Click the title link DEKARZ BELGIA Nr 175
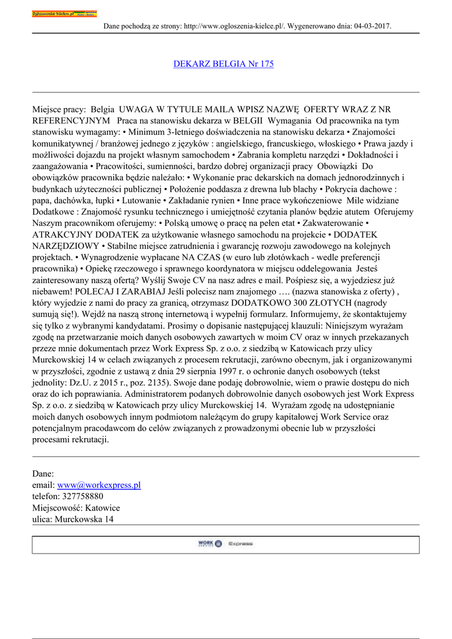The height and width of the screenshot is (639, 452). click(x=223, y=64)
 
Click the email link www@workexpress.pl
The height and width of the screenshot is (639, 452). click(x=99, y=485)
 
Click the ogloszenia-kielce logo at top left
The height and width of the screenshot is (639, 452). click(x=64, y=13)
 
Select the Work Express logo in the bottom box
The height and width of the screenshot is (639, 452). click(x=225, y=544)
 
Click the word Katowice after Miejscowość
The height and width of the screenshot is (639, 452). click(x=102, y=507)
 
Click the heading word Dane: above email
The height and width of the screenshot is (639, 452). click(x=43, y=474)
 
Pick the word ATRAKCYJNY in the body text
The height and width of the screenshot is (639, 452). click(x=61, y=235)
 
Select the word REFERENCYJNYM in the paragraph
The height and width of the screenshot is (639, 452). click(x=72, y=120)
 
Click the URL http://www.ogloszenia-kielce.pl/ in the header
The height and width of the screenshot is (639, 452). click(x=234, y=26)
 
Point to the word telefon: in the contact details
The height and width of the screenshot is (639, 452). click(x=46, y=496)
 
